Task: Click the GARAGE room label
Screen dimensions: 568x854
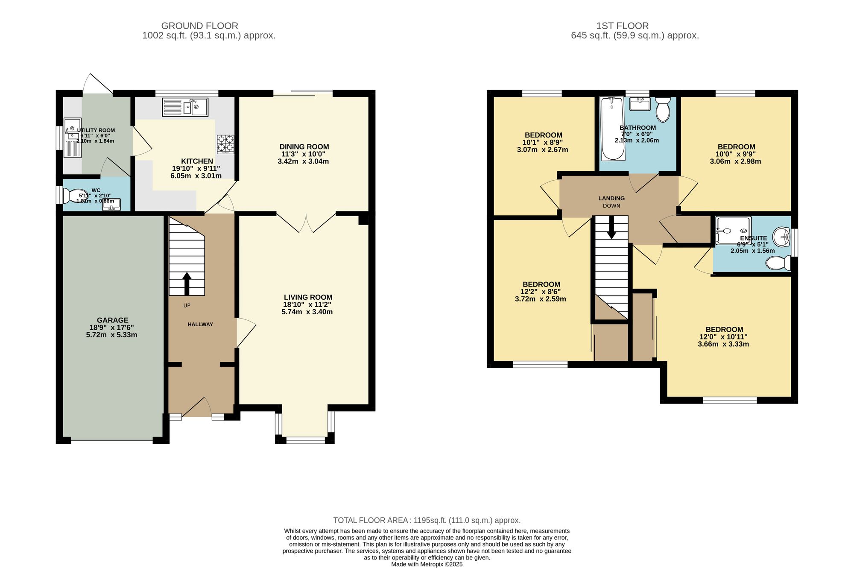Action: pyautogui.click(x=112, y=320)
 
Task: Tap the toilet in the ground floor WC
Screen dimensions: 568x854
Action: pyautogui.click(x=70, y=196)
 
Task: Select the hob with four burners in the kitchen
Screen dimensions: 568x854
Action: pyautogui.click(x=225, y=144)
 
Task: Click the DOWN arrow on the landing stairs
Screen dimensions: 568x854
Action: pyautogui.click(x=611, y=228)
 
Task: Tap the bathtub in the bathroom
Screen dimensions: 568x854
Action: pyautogui.click(x=612, y=128)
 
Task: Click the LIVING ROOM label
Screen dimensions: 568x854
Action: pyautogui.click(x=307, y=297)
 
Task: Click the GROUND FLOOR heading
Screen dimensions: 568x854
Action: pyautogui.click(x=199, y=26)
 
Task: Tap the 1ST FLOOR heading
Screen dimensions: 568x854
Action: pyautogui.click(x=622, y=26)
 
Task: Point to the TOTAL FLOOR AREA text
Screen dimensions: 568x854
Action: pyautogui.click(x=427, y=520)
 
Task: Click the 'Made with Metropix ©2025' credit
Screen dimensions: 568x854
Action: pyautogui.click(x=427, y=564)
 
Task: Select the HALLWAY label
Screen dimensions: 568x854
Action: pyautogui.click(x=200, y=325)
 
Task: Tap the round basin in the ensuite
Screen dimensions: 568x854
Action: pyautogui.click(x=782, y=236)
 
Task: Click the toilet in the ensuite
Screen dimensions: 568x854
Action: pyautogui.click(x=778, y=263)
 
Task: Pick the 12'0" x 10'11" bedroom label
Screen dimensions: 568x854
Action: pyautogui.click(x=724, y=330)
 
